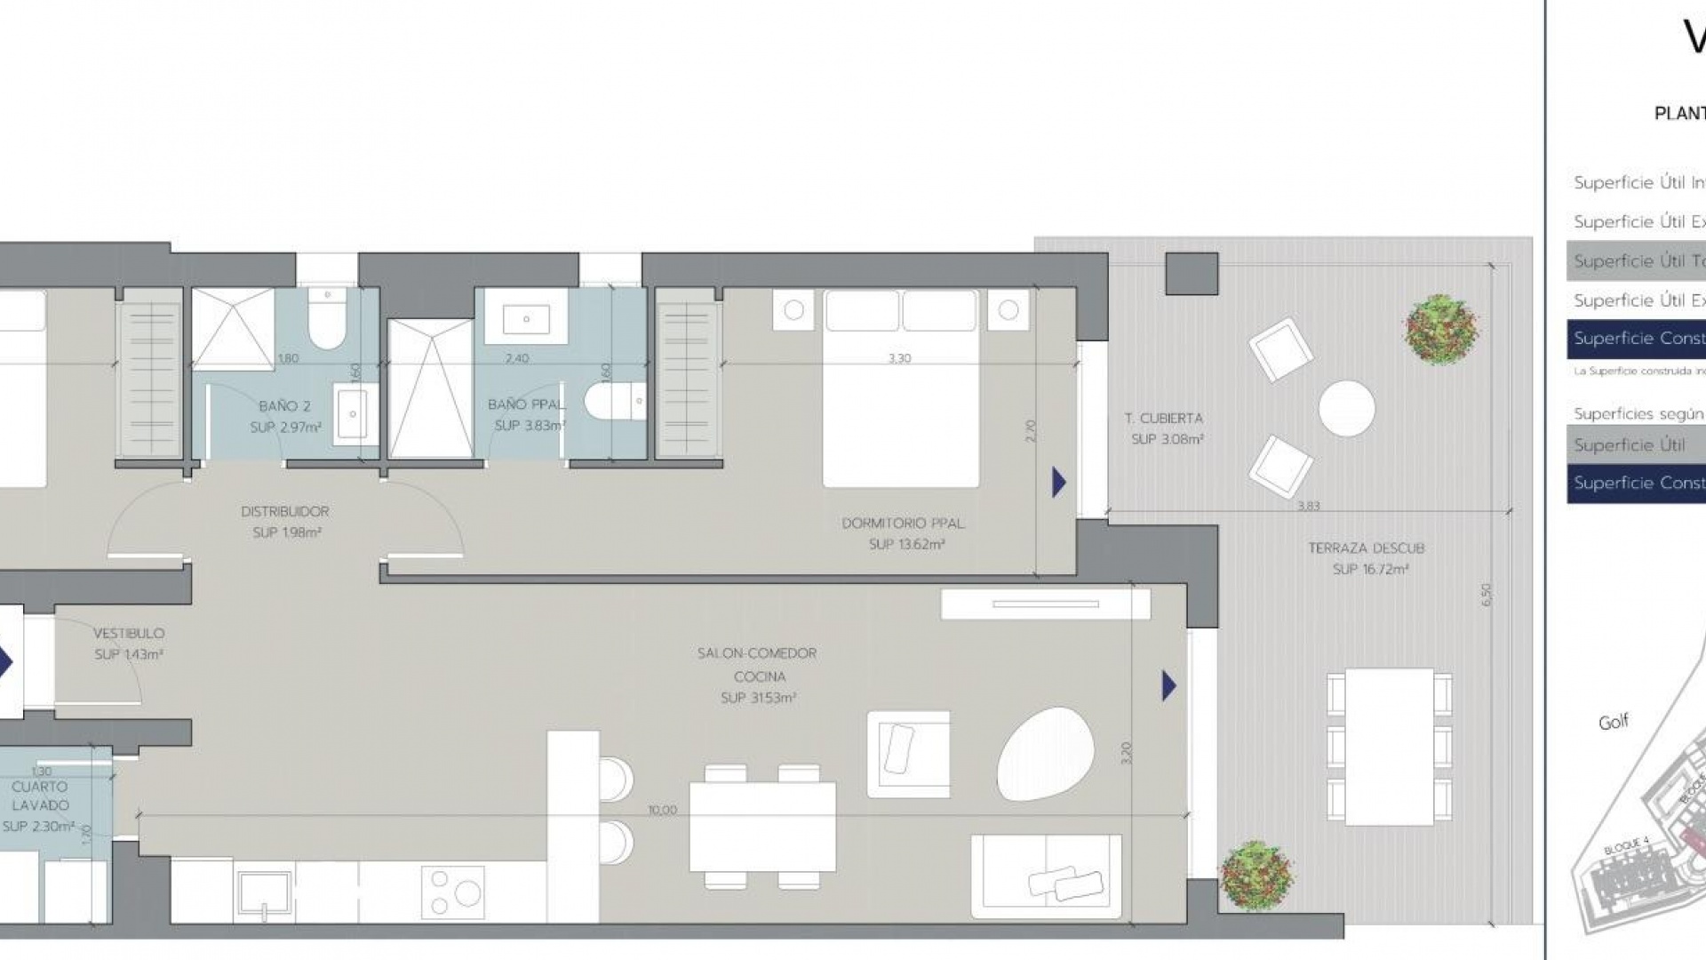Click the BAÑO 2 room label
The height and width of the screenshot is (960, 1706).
(x=284, y=406)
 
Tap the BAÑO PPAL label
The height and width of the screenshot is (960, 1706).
(x=525, y=404)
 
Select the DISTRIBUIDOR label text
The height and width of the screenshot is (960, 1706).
(x=284, y=511)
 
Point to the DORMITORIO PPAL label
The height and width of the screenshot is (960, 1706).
(x=903, y=524)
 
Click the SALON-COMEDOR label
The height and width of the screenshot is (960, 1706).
(x=756, y=653)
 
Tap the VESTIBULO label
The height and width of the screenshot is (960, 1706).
(x=129, y=634)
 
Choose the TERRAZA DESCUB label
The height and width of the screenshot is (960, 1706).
(x=1366, y=548)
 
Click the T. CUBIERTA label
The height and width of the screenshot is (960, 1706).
(x=1163, y=418)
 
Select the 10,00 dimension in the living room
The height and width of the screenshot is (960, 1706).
(x=663, y=810)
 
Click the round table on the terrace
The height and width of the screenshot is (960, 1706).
(x=1346, y=408)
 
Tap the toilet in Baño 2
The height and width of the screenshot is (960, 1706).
(x=326, y=325)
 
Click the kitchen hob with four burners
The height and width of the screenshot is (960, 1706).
(x=452, y=892)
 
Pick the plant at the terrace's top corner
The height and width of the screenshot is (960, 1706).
(x=1440, y=329)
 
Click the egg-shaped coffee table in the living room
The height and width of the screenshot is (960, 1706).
(x=1043, y=754)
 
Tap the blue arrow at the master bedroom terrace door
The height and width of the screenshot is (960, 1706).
(x=1058, y=483)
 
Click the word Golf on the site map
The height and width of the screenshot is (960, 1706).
(x=1613, y=722)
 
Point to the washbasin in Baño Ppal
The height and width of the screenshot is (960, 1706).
(x=525, y=317)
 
